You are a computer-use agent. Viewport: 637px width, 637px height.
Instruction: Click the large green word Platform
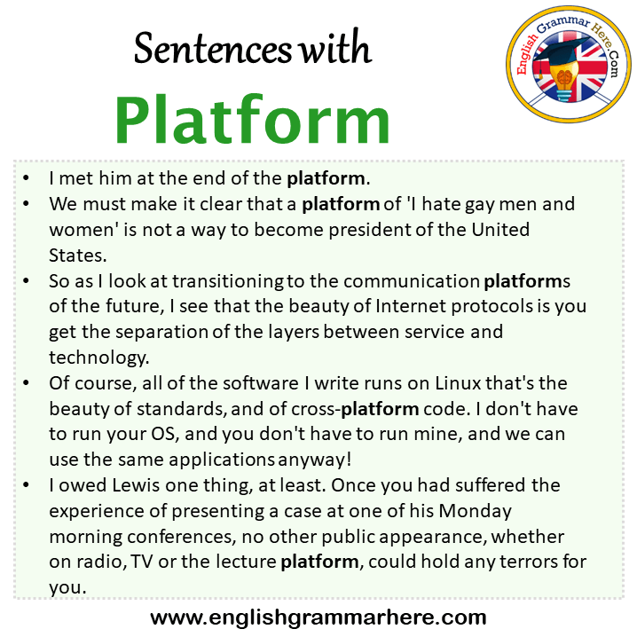pos(252,120)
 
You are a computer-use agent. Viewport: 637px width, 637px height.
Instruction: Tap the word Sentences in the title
pos(213,49)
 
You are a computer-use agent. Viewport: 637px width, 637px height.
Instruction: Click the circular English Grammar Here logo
pos(569,64)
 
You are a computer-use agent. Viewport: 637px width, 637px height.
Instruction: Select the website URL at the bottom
pos(318,617)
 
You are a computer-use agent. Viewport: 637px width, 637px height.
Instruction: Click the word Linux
pos(459,383)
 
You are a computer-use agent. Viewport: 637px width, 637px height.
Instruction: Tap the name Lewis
pos(136,485)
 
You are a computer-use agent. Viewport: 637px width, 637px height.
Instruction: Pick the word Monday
pos(476,512)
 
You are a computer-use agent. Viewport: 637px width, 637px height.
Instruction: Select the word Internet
pos(410,306)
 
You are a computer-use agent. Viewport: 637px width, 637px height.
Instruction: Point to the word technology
pos(99,358)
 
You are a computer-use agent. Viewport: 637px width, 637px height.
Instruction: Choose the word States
pos(77,256)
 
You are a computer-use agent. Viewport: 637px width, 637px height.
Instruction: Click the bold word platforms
pos(527,281)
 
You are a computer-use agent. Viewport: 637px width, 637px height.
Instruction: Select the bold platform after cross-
pos(380,410)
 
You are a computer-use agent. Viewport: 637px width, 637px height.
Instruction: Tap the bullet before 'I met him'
pos(27,178)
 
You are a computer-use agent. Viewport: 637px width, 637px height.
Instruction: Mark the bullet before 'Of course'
pos(27,382)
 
